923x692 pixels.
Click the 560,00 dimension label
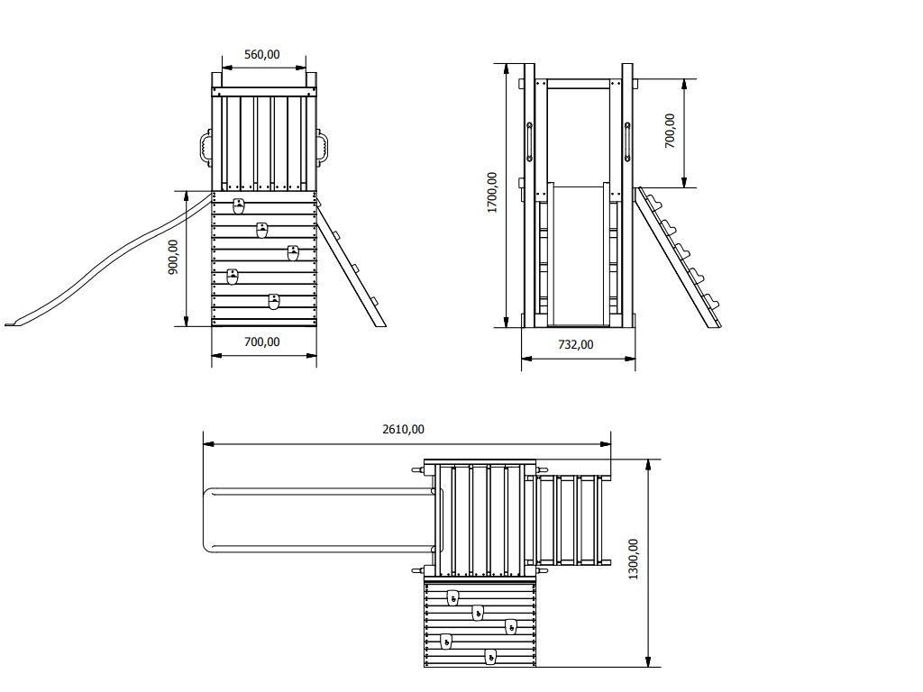262,55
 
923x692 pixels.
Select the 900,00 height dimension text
173,257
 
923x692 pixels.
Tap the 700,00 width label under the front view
262,341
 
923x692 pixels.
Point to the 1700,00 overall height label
492,193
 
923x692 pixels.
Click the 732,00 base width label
576,345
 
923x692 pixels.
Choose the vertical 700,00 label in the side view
670,131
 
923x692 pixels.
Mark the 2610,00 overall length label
403,430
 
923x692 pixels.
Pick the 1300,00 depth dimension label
633,560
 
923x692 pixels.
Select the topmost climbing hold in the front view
238,206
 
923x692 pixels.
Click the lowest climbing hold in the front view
274,301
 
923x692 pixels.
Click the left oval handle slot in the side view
529,141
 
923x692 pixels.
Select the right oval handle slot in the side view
627,141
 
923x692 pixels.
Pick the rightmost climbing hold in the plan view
511,627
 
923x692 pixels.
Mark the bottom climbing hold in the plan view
490,657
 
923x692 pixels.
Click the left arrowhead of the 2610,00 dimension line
208,444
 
